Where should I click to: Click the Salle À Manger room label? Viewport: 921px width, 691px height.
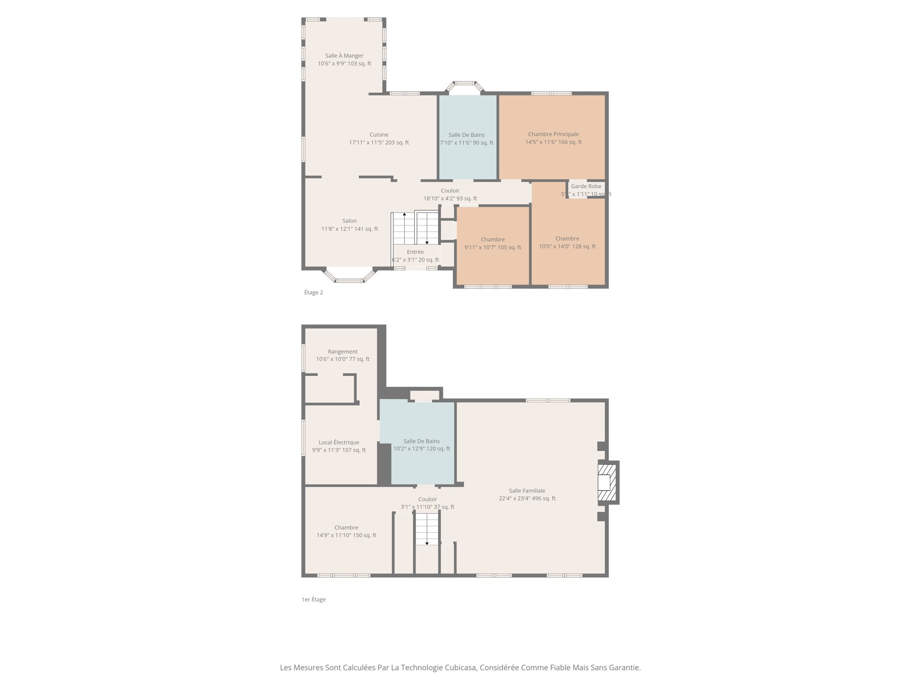pos(344,56)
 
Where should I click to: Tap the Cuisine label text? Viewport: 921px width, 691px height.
pos(379,135)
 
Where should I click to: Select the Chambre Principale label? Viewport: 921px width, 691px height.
pos(553,134)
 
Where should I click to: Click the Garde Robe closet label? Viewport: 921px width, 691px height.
pos(586,186)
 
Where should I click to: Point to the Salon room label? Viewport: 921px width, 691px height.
pos(349,221)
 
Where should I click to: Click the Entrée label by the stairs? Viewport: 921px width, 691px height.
pos(415,252)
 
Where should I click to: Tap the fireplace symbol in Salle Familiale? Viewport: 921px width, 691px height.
pos(607,482)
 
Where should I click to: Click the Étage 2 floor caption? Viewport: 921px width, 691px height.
pos(313,292)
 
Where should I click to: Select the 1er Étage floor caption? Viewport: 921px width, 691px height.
pos(313,599)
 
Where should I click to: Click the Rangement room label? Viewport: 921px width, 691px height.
pos(343,352)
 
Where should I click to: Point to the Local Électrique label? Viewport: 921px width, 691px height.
pos(339,442)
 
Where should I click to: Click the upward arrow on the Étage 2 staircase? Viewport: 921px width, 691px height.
pos(404,215)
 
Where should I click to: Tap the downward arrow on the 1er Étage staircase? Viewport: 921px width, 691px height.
pos(427,543)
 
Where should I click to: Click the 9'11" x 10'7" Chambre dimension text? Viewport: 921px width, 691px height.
pos(492,247)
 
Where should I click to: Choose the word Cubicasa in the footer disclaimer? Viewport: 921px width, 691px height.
pos(460,668)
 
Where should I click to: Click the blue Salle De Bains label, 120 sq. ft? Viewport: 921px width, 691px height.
pos(421,441)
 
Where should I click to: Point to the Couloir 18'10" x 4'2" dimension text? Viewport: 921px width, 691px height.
pos(450,198)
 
